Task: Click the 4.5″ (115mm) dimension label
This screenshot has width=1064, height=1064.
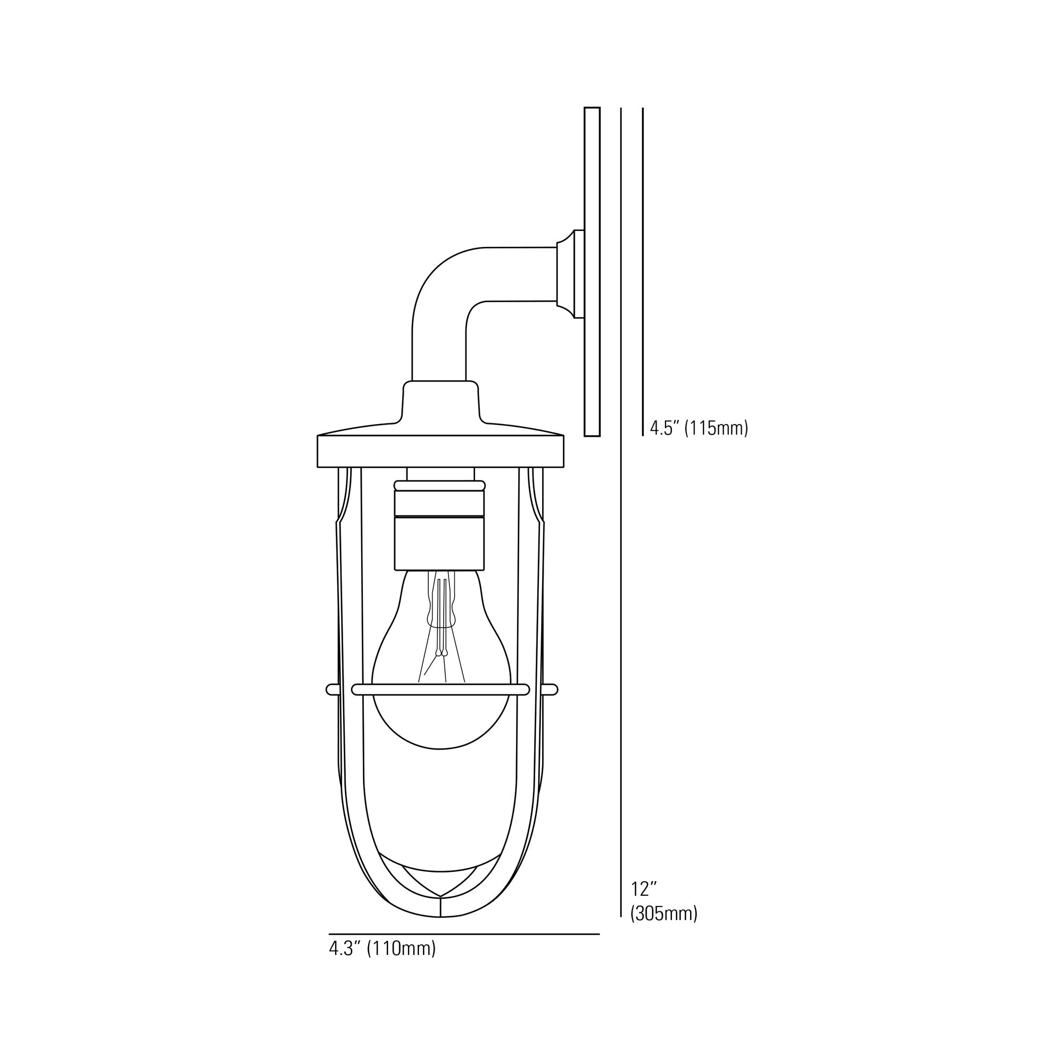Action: coord(699,428)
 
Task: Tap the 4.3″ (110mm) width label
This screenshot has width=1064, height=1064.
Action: coord(382,949)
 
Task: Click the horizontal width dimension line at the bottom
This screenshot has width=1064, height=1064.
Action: coord(464,934)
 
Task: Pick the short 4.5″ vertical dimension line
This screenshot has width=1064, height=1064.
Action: coord(643,271)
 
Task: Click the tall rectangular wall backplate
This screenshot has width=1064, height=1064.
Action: coord(592,271)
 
